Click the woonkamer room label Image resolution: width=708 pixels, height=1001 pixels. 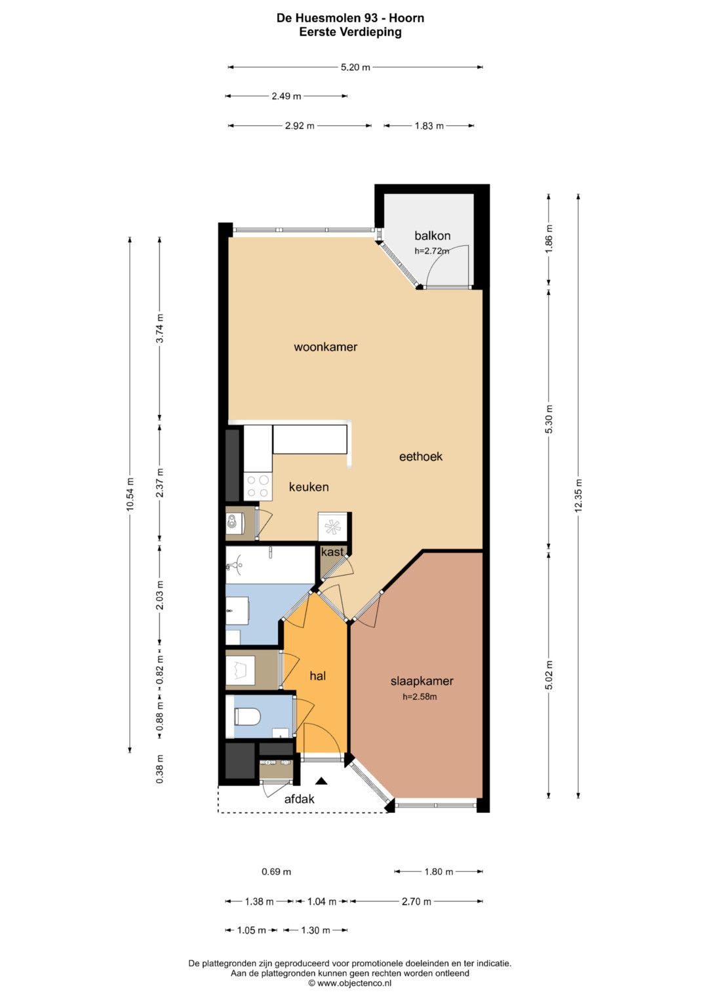pyautogui.click(x=325, y=347)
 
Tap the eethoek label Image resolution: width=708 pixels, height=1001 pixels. pyautogui.click(x=421, y=456)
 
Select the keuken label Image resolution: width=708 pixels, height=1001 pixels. pyautogui.click(x=309, y=486)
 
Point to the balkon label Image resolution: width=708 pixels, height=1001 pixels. pyautogui.click(x=432, y=235)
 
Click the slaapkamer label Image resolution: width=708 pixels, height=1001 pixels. pyautogui.click(x=422, y=681)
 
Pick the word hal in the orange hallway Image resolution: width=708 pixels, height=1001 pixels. pyautogui.click(x=318, y=676)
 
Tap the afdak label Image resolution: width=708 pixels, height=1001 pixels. pyautogui.click(x=300, y=798)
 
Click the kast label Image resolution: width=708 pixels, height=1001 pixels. pyautogui.click(x=332, y=552)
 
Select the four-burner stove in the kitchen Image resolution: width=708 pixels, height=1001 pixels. pyautogui.click(x=258, y=486)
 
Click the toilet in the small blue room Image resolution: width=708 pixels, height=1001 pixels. pyautogui.click(x=247, y=717)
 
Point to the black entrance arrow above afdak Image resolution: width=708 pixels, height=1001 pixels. pyautogui.click(x=321, y=781)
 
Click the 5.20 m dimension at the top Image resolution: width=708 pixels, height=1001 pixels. pyautogui.click(x=355, y=68)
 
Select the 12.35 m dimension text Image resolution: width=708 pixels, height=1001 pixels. pyautogui.click(x=579, y=495)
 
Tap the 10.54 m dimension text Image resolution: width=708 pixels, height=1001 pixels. pyautogui.click(x=130, y=494)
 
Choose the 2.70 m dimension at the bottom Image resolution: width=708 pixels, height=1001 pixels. pyautogui.click(x=416, y=901)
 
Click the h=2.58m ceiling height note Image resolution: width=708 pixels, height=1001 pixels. pyautogui.click(x=420, y=696)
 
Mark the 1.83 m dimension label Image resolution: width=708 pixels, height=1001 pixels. pyautogui.click(x=429, y=126)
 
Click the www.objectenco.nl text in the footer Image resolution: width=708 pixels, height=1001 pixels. pyautogui.click(x=354, y=983)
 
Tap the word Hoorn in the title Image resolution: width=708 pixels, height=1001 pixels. pyautogui.click(x=406, y=18)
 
